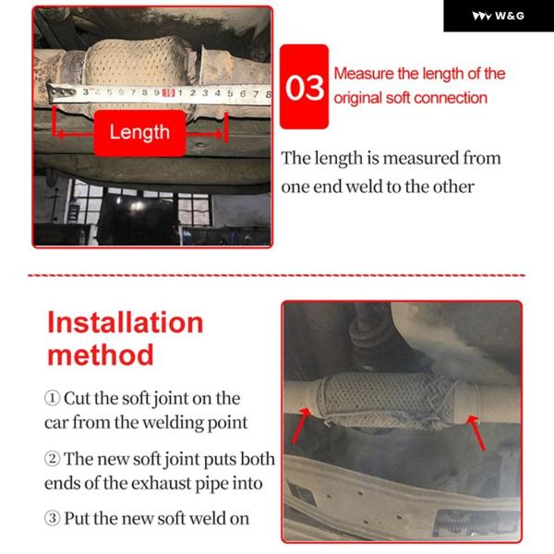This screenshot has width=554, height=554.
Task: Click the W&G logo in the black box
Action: point(499,16)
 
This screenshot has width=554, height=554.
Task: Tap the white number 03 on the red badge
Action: point(305,88)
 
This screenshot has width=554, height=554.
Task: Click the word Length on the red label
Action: point(139,132)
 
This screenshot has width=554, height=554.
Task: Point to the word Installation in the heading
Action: point(126,322)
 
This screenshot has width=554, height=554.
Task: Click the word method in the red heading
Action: point(101,355)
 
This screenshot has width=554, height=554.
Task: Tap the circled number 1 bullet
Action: point(52,398)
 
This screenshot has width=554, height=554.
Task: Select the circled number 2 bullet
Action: point(52,459)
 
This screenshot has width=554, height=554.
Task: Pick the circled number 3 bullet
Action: point(52,518)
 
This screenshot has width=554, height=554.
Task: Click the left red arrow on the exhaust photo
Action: point(301,426)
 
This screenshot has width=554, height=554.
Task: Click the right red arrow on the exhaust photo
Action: point(476,433)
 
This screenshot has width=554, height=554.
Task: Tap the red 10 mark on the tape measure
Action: point(169,93)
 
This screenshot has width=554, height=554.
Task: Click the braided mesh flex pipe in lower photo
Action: point(385,399)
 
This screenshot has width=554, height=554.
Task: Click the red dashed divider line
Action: point(277,275)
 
